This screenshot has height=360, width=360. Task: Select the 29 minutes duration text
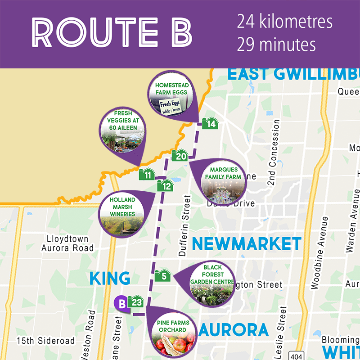pyautogui.click(x=276, y=45)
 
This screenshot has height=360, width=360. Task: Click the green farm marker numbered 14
pyautogui.click(x=210, y=123)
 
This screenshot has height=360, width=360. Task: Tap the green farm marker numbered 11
pyautogui.click(x=147, y=175)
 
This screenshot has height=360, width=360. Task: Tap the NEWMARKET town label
pyautogui.click(x=246, y=244)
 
